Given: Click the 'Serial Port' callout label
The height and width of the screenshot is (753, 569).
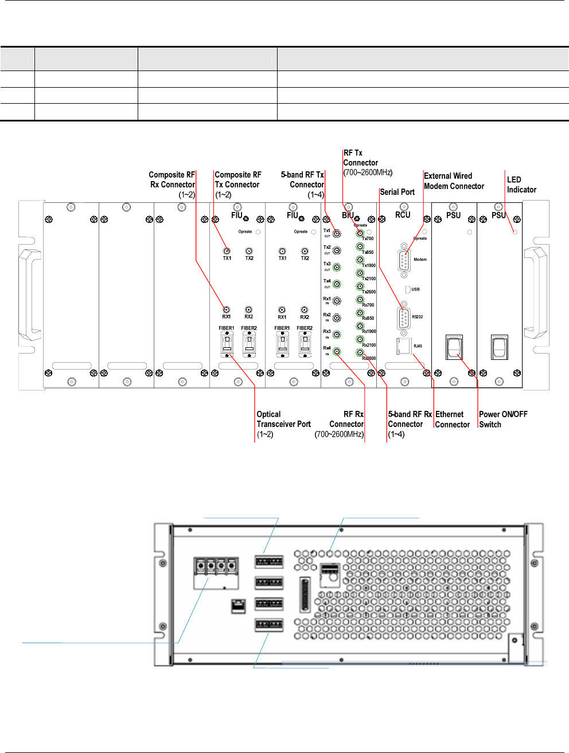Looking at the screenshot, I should tap(397, 192).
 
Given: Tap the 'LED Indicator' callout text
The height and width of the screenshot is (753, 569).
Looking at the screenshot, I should tap(521, 185).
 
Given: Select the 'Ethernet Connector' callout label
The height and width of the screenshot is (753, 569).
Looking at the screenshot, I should tap(452, 419).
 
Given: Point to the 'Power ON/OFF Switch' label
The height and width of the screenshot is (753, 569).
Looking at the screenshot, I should tap(503, 419).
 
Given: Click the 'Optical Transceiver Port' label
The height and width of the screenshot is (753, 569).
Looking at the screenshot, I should tap(283, 424).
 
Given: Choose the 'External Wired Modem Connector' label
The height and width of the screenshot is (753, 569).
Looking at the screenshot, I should tap(454, 181).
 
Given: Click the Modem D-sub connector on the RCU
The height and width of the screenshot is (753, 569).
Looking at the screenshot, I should tap(404, 260).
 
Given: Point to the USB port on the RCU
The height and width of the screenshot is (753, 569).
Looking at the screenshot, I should tap(408, 289).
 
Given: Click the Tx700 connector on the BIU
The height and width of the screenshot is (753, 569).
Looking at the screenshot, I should tap(360, 233).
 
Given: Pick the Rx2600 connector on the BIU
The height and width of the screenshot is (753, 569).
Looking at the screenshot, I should tap(360, 352).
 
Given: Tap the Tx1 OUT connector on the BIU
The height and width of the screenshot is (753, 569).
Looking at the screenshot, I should tap(337, 234).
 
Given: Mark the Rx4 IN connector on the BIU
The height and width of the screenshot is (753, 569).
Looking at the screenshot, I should tap(337, 352).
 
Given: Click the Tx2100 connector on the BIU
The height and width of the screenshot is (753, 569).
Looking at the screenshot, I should tap(360, 273).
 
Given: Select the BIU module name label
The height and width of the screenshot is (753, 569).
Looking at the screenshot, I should tap(348, 215).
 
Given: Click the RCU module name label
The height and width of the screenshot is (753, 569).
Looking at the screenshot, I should tap(403, 215).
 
